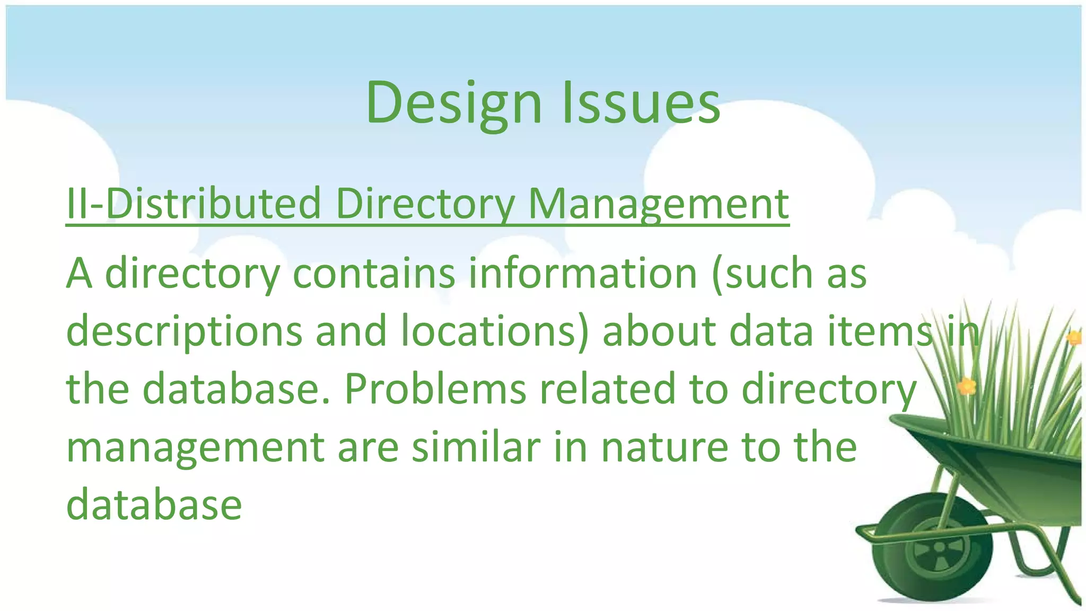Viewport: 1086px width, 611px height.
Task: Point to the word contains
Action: pos(373,273)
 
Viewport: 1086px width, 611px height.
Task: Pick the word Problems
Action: pos(435,389)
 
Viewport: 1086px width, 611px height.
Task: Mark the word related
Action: pos(608,389)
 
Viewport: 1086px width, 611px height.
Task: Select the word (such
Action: pos(761,273)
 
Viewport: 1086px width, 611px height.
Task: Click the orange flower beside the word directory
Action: pos(967,386)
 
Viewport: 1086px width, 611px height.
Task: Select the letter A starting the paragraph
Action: pos(79,273)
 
